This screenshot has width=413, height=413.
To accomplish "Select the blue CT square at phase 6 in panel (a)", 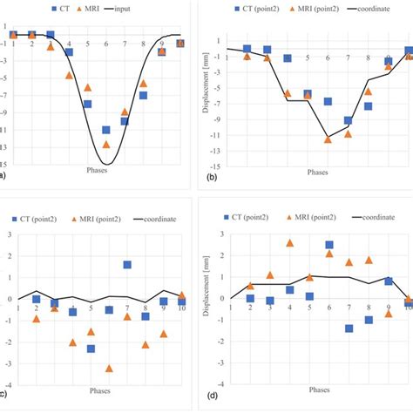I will coord(106,130).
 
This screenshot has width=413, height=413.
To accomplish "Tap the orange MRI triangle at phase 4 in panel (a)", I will coord(69,76).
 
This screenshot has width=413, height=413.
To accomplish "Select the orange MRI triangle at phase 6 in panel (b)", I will coord(328,139).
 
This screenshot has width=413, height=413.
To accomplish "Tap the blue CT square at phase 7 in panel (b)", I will coord(348,121).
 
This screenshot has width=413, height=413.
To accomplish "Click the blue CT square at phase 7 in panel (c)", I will coord(127,264).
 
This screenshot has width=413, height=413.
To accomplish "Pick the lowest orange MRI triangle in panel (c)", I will coord(109,368).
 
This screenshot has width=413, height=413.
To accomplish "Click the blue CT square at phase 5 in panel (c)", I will coord(91,349).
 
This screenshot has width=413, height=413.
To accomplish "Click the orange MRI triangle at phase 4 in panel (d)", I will coord(290,243).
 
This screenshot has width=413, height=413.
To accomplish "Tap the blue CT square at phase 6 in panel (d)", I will coord(329,245).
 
